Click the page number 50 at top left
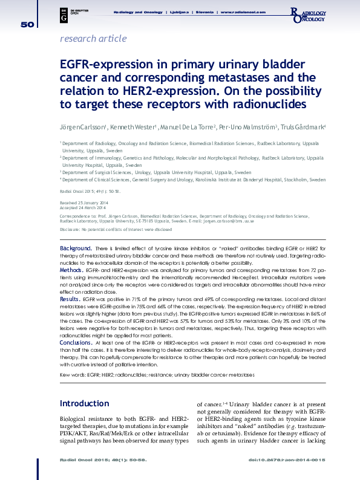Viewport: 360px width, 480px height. point(27,24)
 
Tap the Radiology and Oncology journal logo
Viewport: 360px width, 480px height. point(309,16)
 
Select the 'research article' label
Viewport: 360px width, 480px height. point(93,39)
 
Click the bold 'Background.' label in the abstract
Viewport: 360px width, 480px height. point(76,248)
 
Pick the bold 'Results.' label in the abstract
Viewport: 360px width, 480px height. point(70,299)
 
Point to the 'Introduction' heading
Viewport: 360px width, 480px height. point(84,403)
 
